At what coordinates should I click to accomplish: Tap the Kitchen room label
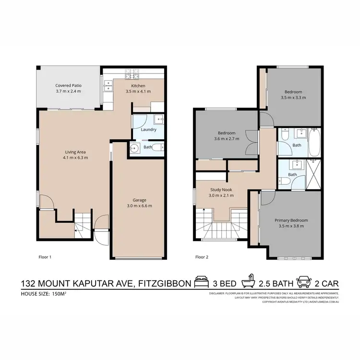tap(135, 85)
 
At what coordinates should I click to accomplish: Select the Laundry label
tap(148, 130)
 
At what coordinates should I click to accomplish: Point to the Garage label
tap(139, 200)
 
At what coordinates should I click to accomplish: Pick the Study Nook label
tap(221, 189)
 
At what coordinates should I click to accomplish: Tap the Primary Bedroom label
tap(291, 220)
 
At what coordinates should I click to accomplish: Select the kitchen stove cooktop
tap(131, 75)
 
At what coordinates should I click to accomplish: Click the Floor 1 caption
tap(45, 257)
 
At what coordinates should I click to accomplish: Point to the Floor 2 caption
tap(202, 257)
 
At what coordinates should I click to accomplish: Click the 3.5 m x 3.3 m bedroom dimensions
tap(293, 97)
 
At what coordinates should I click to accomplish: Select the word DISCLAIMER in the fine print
tap(218, 293)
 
